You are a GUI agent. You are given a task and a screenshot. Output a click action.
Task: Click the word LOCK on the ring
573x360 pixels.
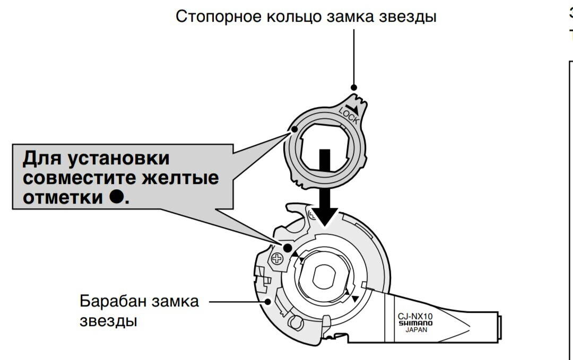[349, 116]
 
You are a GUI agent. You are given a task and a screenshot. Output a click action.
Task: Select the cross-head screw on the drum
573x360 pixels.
[276, 259]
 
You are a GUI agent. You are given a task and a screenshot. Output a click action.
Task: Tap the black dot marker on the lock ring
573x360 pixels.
[293, 129]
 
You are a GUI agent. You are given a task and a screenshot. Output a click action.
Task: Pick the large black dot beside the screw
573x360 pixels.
[287, 248]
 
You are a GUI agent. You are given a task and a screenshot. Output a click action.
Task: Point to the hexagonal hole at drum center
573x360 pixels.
[322, 275]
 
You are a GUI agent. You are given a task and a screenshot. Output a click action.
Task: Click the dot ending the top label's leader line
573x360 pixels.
[354, 87]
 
